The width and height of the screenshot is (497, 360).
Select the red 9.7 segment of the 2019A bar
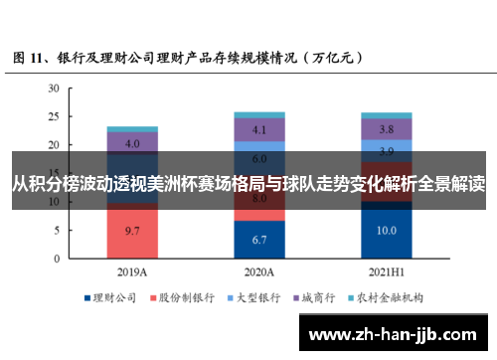click(x=131, y=231)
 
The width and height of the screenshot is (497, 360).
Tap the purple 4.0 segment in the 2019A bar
click(x=131, y=142)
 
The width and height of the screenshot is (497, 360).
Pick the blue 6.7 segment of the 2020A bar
click(x=259, y=240)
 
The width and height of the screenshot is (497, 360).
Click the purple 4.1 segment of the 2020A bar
click(x=259, y=129)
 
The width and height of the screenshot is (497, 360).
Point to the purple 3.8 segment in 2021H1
click(x=387, y=129)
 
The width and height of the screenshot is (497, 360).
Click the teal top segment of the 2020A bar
click(x=259, y=114)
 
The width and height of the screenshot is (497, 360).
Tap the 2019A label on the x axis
click(x=131, y=270)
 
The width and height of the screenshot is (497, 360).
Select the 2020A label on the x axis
click(x=259, y=270)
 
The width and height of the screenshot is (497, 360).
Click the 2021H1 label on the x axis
click(x=387, y=270)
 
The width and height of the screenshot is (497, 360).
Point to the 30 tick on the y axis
click(x=54, y=89)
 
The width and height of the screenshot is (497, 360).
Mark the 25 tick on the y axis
click(x=54, y=117)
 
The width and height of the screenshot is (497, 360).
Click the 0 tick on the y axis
click(x=57, y=259)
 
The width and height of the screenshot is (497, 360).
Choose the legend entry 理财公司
click(x=113, y=296)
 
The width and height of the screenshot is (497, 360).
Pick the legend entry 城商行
click(x=317, y=296)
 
